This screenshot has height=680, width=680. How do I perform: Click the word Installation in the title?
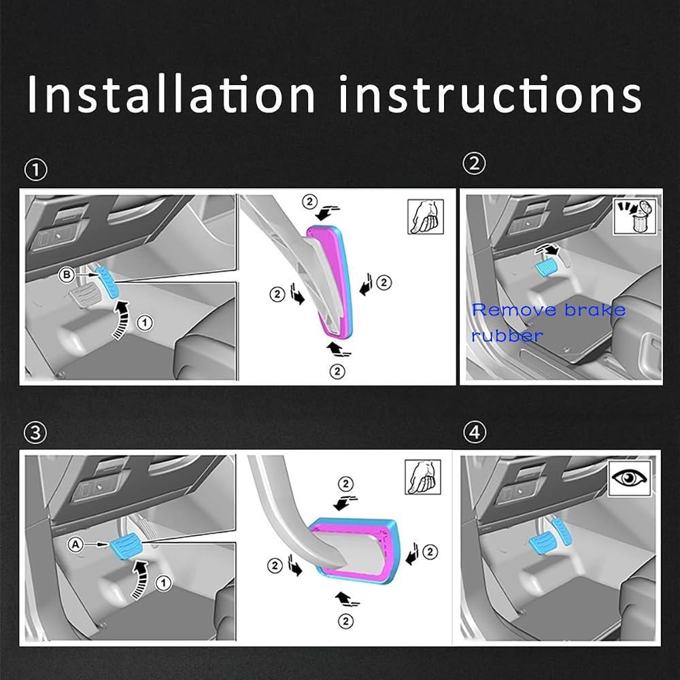point(171,94)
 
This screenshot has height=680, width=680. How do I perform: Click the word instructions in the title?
point(490,94)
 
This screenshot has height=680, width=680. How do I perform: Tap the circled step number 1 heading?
point(35,170)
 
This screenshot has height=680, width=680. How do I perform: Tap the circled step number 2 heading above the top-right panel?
point(474,164)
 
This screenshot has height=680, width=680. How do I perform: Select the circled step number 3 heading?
point(35,432)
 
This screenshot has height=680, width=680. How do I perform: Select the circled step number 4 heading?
point(475,432)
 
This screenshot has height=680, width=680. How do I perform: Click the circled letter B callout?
point(67,275)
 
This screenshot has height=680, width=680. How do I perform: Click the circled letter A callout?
point(75,544)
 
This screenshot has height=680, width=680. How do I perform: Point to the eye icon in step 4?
point(629,478)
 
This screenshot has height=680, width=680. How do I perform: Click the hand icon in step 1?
point(426,216)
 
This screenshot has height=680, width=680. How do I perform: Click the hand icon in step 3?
point(423,477)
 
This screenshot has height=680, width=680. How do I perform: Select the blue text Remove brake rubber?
point(549,322)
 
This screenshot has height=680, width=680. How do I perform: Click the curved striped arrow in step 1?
point(120,320)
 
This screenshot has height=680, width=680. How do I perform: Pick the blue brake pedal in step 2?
point(547,267)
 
